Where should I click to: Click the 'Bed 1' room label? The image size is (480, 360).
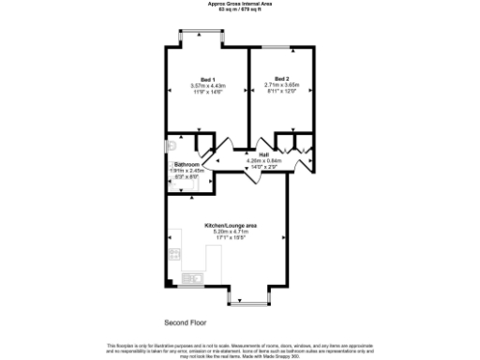(207, 79)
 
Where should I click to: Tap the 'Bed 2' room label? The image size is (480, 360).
(281, 78)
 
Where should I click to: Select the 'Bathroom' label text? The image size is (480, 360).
(187, 164)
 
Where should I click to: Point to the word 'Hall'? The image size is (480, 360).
(264, 155)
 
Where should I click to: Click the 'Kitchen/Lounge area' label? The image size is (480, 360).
(231, 226)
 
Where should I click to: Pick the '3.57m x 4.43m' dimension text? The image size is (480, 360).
(207, 86)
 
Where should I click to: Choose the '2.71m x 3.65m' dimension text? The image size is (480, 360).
(281, 85)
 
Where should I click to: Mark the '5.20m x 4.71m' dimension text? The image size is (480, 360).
(231, 232)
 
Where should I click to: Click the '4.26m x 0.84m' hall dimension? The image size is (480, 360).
(264, 160)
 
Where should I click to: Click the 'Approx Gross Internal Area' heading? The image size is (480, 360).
(239, 4)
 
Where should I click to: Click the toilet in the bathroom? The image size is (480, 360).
(172, 146)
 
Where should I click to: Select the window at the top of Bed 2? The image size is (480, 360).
(277, 47)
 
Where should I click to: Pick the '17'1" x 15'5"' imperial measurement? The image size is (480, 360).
(231, 239)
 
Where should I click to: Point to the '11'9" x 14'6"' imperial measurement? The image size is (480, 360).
(207, 92)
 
